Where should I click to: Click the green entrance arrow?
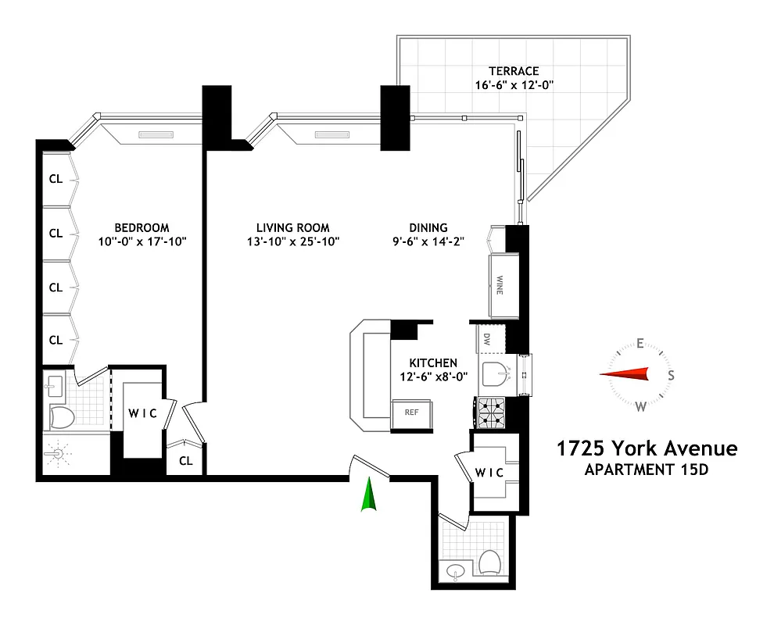pos(368,497)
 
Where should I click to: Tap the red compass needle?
pos(625,374)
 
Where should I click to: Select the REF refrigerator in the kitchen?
pos(411,412)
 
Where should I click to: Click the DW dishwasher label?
pos(486,339)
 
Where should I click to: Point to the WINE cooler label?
pos(499,286)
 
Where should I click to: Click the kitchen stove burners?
pos(491,412)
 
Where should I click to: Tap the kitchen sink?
pos(495,375)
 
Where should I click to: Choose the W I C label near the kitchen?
pos(490,473)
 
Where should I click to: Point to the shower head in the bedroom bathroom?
pos(57,454)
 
